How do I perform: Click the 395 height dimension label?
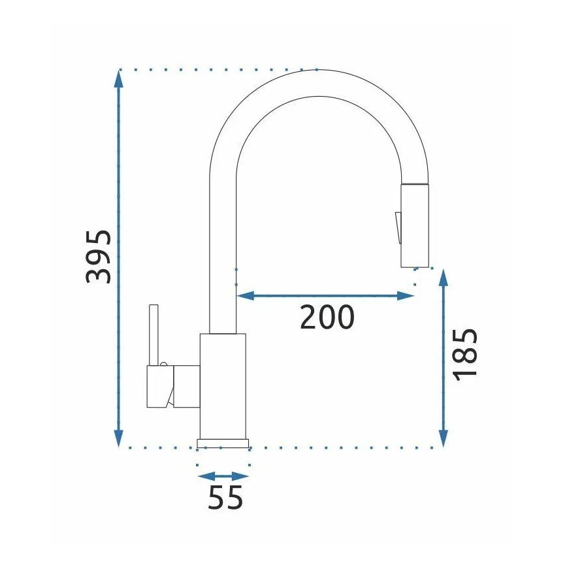coord(99,256)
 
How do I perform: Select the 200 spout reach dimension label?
coord(327,317)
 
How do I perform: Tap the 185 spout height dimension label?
coord(465,353)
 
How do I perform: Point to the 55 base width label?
coord(225,498)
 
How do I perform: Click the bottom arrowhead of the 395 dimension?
coord(118,440)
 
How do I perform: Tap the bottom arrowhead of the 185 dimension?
coord(444,440)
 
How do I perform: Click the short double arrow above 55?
coord(223,476)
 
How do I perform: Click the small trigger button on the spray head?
coord(396,227)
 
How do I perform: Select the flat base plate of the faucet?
coord(223,444)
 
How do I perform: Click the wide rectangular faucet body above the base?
coord(223,385)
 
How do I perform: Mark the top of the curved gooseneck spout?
coord(318,83)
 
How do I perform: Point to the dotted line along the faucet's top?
coord(216,69)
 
